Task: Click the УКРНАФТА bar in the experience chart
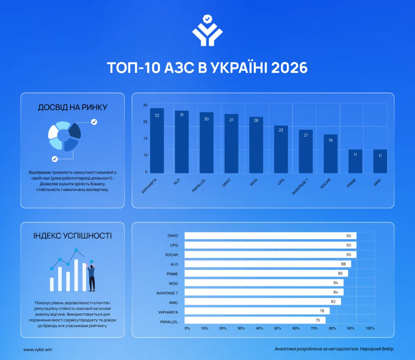[157, 141]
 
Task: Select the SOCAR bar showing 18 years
[331, 154]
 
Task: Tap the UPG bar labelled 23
[281, 149]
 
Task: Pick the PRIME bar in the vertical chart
[355, 161]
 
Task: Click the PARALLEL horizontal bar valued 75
[255, 320]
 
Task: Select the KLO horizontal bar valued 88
[268, 264]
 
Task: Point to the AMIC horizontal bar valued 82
[263, 302]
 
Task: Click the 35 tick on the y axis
[145, 105]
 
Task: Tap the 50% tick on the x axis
[278, 328]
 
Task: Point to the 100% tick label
[370, 328]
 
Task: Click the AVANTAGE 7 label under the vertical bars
[300, 187]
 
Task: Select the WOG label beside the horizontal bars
[173, 283]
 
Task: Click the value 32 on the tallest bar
[157, 116]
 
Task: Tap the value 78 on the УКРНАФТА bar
[322, 311]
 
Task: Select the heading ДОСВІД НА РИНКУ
[73, 107]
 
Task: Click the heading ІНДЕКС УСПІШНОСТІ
[73, 236]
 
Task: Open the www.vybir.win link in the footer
[38, 349]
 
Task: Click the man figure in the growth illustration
[91, 276]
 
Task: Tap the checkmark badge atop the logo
[207, 19]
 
